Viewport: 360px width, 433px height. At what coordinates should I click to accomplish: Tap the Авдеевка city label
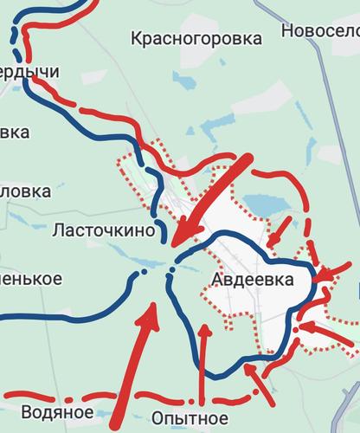253,279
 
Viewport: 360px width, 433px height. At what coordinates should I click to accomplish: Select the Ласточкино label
104,230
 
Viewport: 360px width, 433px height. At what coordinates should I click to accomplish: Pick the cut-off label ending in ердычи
29,72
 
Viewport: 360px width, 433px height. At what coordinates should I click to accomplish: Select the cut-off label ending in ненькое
30,279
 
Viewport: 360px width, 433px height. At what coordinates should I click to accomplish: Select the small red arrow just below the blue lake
275,236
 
